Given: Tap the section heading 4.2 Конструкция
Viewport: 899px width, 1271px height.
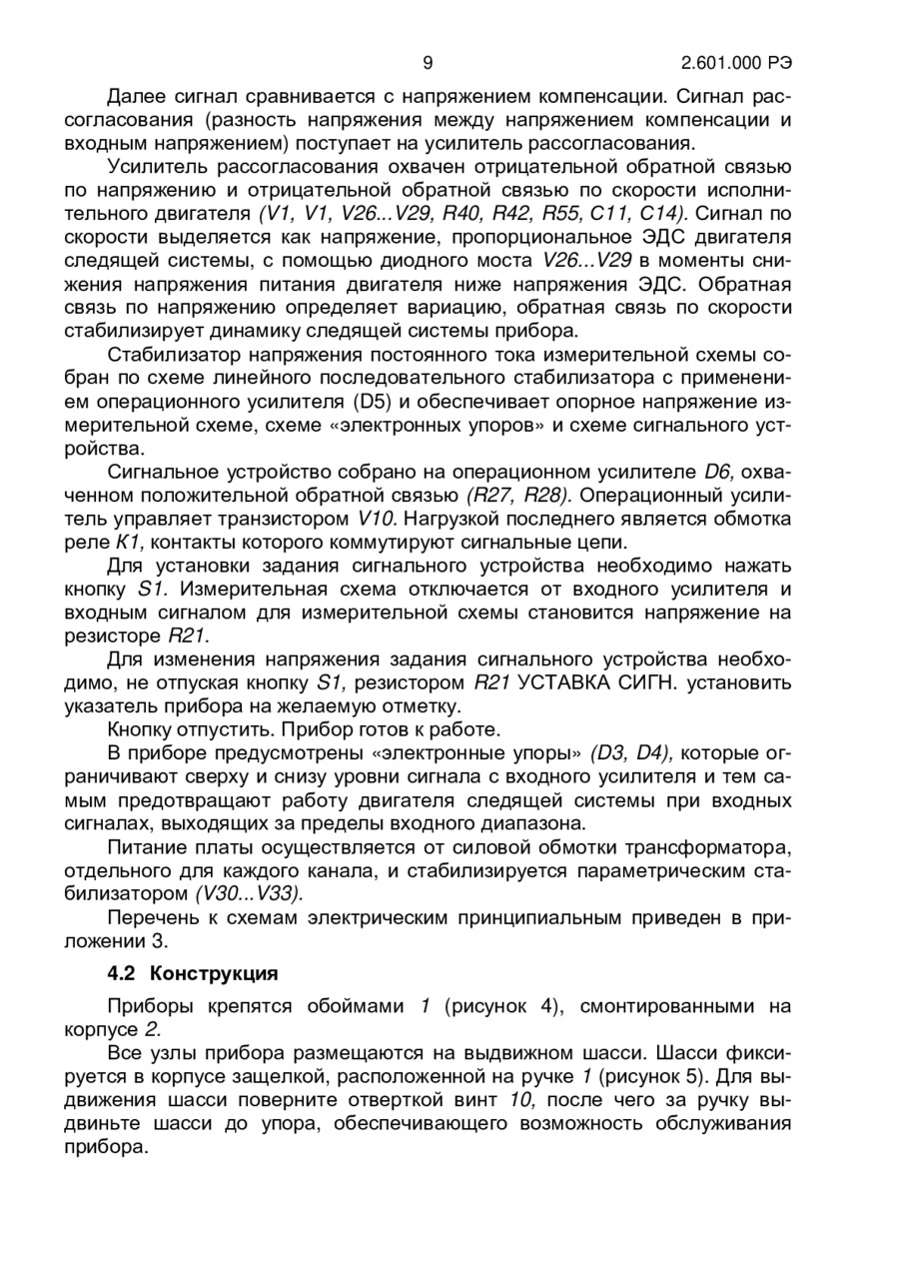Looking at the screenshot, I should coord(193,972).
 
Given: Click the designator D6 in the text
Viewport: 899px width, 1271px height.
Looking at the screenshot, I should coord(718,472).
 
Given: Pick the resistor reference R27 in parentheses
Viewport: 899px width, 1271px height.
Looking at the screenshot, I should coord(494,495).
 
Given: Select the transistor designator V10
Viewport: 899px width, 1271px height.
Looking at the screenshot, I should coord(377,519).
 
